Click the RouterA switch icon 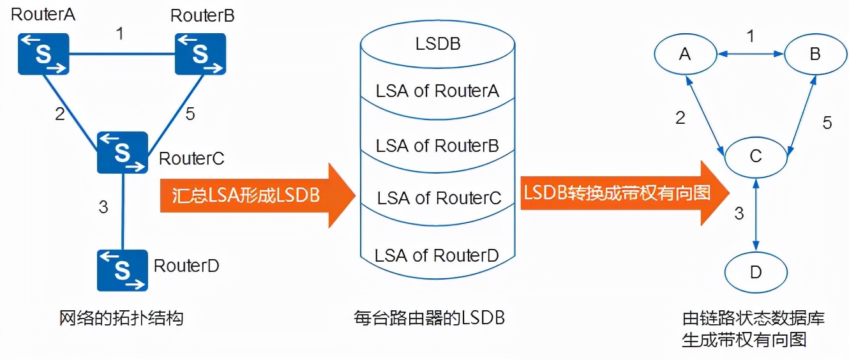click(43, 54)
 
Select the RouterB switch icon click(200, 54)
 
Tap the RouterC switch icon click(122, 152)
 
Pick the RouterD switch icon click(122, 270)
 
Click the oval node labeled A click(685, 55)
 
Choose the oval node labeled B click(815, 55)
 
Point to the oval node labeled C click(756, 156)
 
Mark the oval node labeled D click(756, 273)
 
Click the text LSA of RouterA click(437, 91)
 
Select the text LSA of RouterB click(437, 146)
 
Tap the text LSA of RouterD click(437, 256)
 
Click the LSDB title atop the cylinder click(437, 44)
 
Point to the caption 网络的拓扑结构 click(121, 317)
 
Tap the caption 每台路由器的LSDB click(429, 317)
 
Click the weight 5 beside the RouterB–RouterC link click(190, 114)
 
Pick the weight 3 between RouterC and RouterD click(103, 207)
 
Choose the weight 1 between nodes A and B click(751, 36)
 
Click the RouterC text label click(191, 158)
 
